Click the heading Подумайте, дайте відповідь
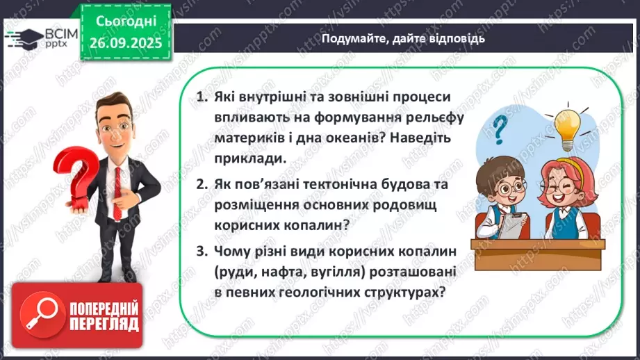[403, 39]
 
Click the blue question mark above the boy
[499, 129]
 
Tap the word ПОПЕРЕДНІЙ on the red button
[104, 307]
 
